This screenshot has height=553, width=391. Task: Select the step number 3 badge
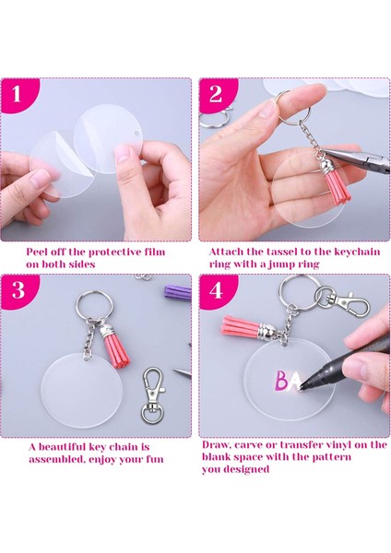point(18,290)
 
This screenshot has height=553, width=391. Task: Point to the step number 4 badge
point(217,290)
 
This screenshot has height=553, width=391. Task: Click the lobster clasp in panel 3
point(153,395)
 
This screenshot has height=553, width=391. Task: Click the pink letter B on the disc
point(282,381)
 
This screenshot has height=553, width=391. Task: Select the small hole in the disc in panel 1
point(136,133)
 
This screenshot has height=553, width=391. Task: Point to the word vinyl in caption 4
point(338,444)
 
